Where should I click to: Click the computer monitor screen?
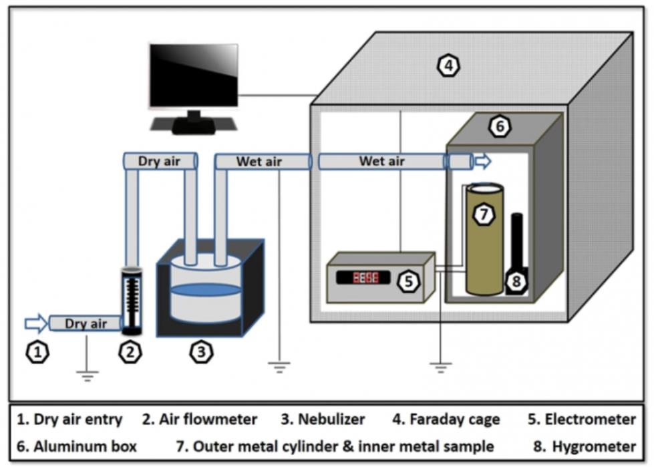coord(193,75)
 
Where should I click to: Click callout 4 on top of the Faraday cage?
coord(448,65)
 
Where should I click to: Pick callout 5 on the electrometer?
coord(408,281)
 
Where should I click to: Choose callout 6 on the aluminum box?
coord(499,126)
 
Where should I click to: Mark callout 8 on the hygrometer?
coord(516,281)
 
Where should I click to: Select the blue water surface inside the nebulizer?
coord(204,291)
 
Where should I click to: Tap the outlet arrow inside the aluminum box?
coord(482,161)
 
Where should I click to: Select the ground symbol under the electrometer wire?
coord(440,365)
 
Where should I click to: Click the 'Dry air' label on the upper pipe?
coord(160,161)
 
